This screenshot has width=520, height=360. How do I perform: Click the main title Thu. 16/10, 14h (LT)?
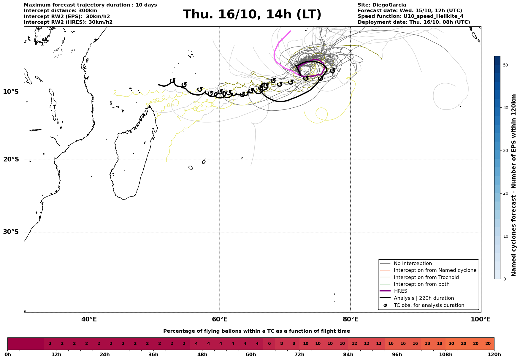(x=252, y=15)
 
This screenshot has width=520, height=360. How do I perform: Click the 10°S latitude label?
(x=11, y=92)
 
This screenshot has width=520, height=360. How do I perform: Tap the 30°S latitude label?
(x=11, y=232)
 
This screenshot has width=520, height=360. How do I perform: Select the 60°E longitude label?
(x=220, y=319)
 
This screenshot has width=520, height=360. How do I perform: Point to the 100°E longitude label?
(x=481, y=319)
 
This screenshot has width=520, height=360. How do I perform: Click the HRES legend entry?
(x=400, y=291)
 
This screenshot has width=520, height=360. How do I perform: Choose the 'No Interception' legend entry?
(x=413, y=264)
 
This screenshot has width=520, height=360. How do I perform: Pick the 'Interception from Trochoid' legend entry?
(x=426, y=277)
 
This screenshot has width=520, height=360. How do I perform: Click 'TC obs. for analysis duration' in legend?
(x=429, y=305)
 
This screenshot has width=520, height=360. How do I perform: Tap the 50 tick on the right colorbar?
(x=505, y=65)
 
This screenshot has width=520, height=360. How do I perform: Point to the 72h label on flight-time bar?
(x=299, y=355)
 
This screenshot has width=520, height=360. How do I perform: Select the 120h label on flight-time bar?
(x=494, y=355)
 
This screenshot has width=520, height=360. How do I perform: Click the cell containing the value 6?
(x=269, y=344)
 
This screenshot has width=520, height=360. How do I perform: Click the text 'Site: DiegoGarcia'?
(x=382, y=5)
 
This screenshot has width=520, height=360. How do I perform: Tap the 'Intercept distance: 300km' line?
(x=60, y=11)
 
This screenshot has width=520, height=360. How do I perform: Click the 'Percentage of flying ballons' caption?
(x=256, y=331)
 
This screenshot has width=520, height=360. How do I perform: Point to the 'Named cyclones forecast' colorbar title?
(x=514, y=185)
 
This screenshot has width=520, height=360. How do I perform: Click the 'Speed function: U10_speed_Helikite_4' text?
(x=410, y=16)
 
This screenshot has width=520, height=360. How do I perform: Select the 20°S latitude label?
(x=11, y=160)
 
